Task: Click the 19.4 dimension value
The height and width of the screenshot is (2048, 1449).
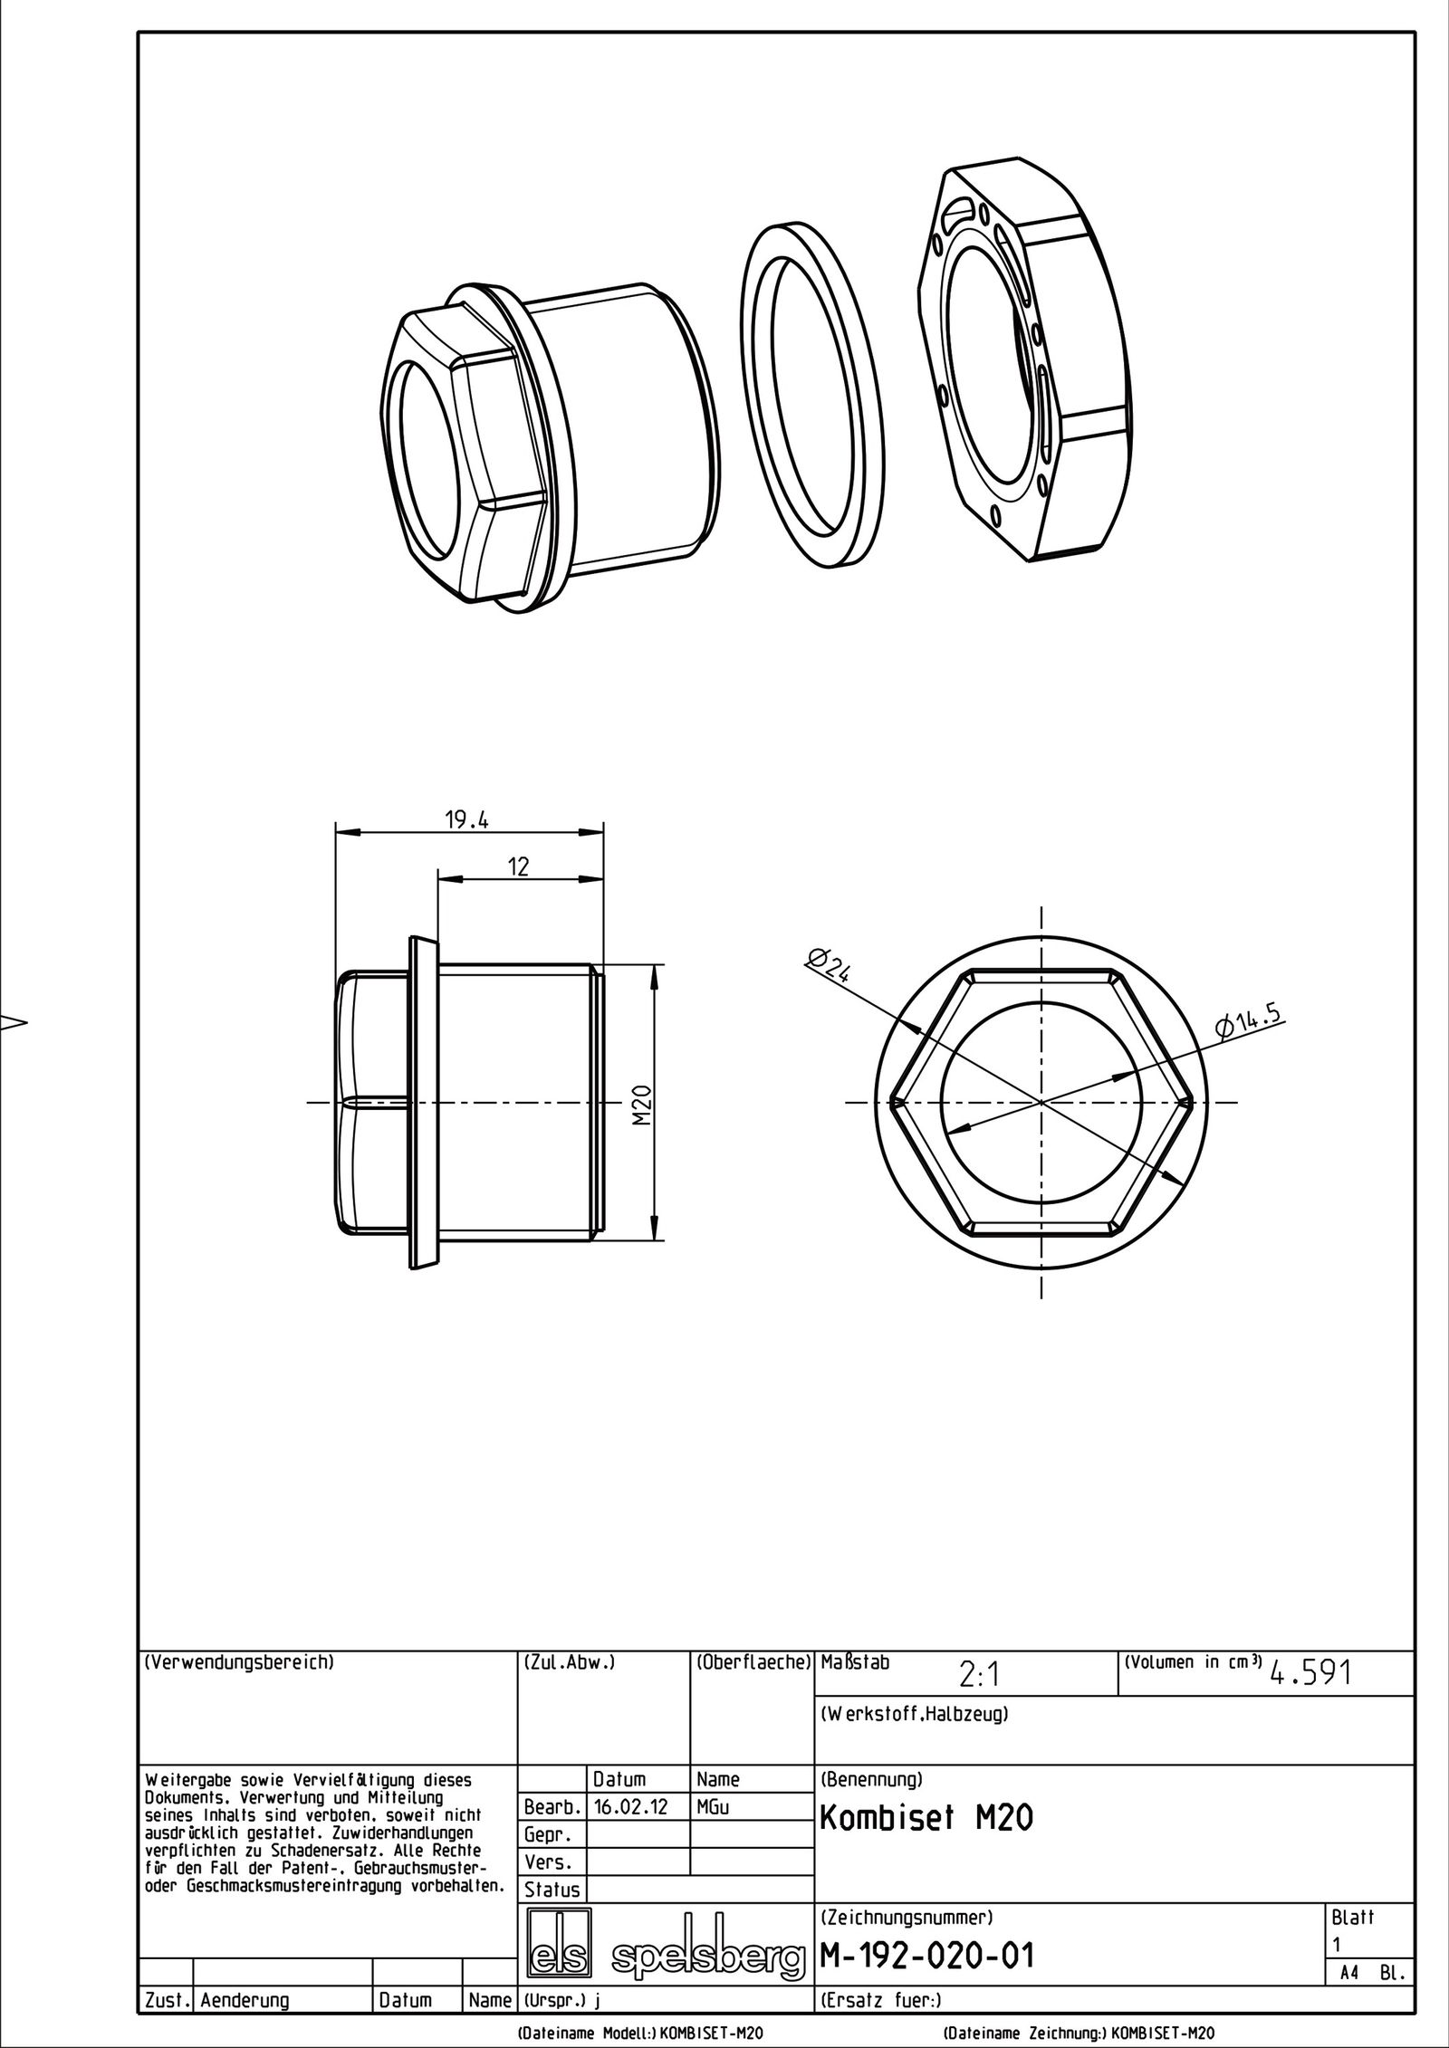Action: click(x=466, y=820)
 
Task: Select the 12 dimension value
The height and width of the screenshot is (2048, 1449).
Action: click(x=518, y=866)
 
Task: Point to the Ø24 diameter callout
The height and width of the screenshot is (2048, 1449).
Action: click(x=829, y=965)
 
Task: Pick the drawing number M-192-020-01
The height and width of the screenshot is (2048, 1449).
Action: click(x=926, y=1949)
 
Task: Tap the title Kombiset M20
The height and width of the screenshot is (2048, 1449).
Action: click(x=926, y=1816)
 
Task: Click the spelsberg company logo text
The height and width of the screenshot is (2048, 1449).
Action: click(x=708, y=1952)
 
